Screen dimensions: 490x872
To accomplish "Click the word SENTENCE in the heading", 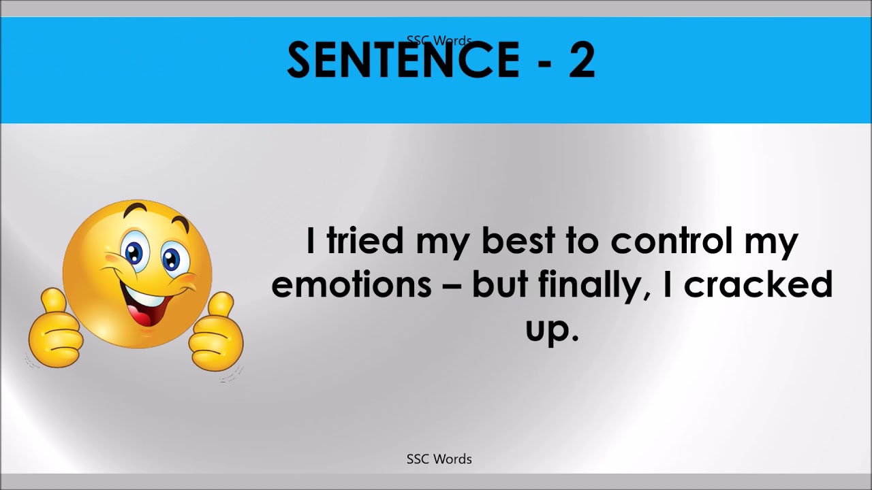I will coord(403,60).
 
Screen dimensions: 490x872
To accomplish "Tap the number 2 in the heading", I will coord(580,60).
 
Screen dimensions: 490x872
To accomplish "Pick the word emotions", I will coord(351,284).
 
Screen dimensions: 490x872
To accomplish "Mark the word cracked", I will coord(758,284).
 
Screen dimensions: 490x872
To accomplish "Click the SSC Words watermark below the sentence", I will coord(439,459).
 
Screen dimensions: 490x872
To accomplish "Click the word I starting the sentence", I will coord(311,242).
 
